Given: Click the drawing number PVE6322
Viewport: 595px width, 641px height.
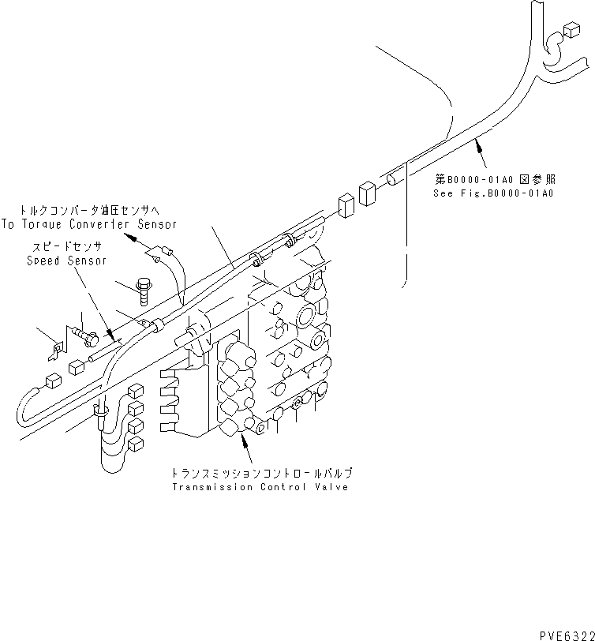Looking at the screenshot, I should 561,633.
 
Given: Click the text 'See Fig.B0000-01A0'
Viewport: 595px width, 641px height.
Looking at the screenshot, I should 494,193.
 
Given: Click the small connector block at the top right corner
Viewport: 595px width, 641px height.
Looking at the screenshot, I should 571,31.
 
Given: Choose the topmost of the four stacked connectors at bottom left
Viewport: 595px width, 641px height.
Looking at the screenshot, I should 134,391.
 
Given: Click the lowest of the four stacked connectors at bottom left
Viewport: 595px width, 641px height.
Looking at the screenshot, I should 134,445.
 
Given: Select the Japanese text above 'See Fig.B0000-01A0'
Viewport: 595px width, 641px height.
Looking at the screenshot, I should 494,180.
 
